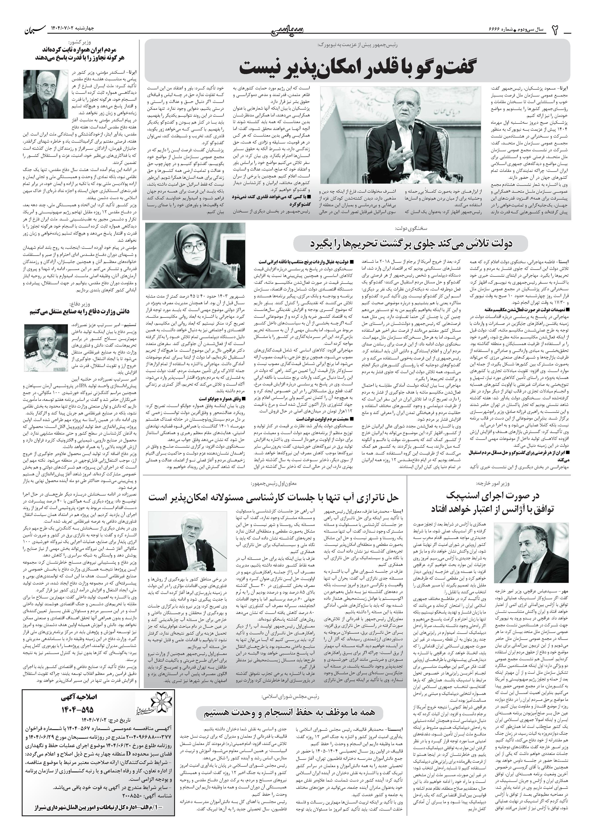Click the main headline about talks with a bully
[x=357, y=67]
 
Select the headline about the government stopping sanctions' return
[x=408, y=243]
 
